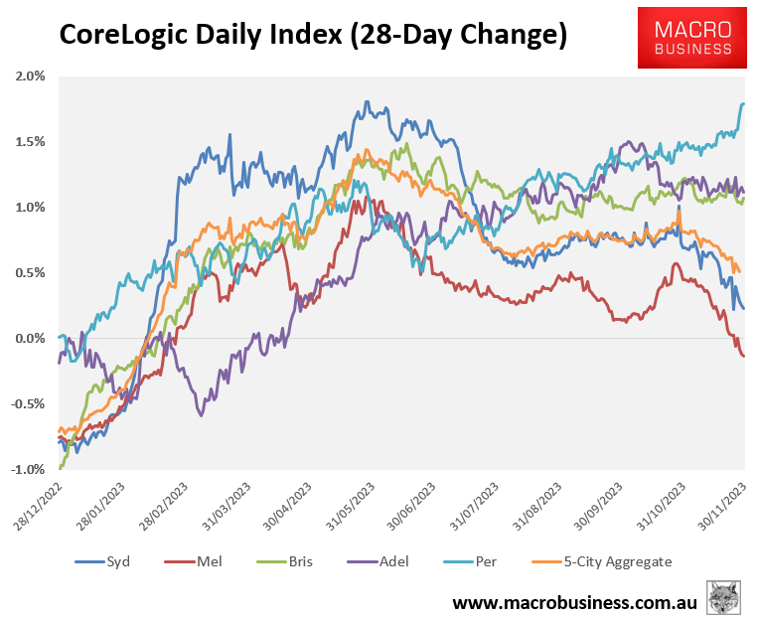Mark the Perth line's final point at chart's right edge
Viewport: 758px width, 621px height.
(x=744, y=103)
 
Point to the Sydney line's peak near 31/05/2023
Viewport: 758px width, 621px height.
(x=368, y=101)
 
